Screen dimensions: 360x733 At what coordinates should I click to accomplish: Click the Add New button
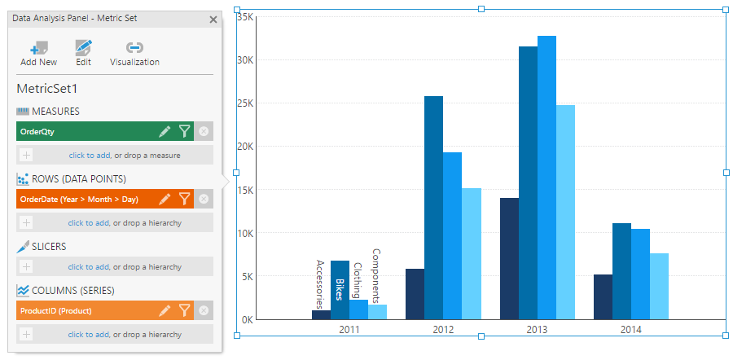[38, 53]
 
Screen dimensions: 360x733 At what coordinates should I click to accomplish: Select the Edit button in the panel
[83, 53]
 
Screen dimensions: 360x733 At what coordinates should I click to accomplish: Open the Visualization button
[134, 53]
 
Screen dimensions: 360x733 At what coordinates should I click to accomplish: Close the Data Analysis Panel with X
[213, 19]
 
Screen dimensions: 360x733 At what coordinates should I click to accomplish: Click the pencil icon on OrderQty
[165, 131]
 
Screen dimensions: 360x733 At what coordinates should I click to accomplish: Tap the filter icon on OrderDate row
[185, 199]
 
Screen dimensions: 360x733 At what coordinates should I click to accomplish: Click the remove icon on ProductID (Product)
[204, 310]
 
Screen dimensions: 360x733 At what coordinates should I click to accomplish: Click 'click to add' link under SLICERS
[88, 266]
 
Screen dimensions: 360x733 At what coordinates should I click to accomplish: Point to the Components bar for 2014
[659, 286]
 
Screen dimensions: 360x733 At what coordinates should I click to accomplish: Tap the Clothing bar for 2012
[452, 235]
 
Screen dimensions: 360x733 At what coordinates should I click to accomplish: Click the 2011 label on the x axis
[349, 330]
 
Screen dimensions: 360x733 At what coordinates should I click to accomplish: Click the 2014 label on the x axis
[630, 330]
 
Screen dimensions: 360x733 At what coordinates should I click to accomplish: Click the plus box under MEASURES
[26, 155]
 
